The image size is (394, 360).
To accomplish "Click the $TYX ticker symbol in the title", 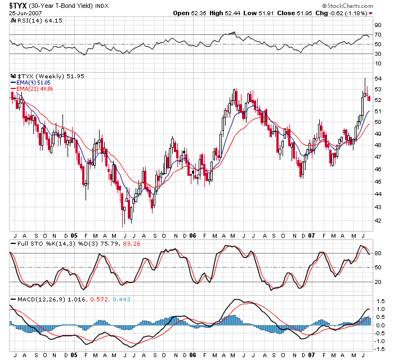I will click(x=17, y=5).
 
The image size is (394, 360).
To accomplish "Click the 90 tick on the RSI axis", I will click(x=379, y=25).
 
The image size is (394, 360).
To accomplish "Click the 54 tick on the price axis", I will click(x=378, y=78).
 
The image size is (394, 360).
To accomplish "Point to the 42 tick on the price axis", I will click(x=378, y=220).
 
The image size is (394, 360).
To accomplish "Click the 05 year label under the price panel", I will click(x=74, y=235).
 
